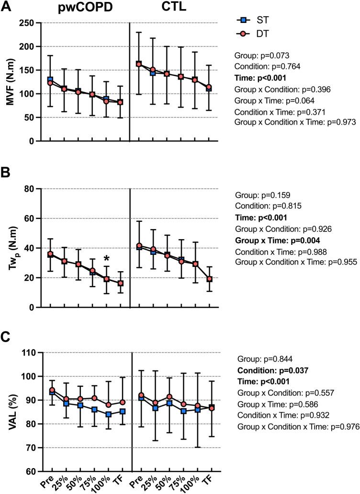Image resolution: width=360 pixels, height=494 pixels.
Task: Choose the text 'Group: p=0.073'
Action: click(x=262, y=56)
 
